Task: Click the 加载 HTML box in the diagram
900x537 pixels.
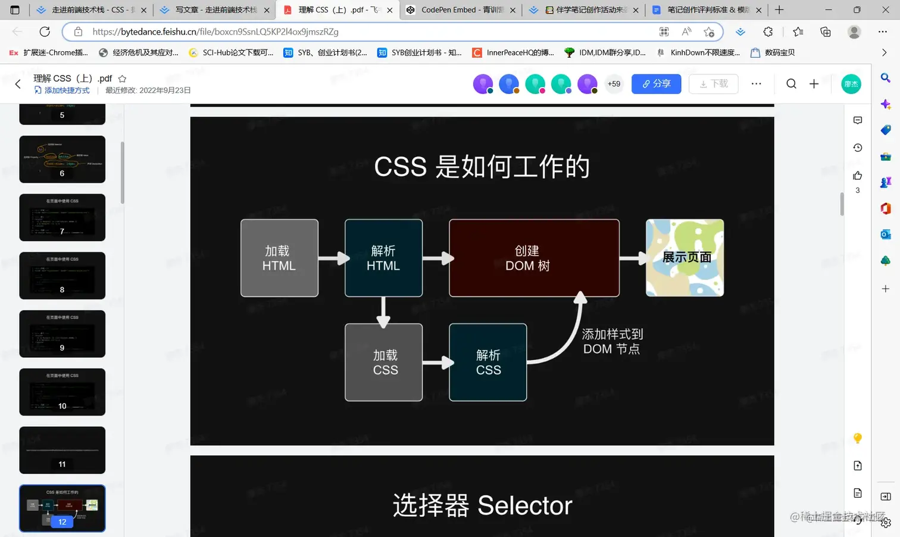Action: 279,258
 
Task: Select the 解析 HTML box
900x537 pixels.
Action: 383,258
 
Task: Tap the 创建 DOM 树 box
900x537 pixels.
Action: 534,258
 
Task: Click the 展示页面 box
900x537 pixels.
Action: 685,258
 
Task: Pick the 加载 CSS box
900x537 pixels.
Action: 383,362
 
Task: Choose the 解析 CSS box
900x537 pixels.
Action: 487,362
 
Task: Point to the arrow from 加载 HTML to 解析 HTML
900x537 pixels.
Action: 333,258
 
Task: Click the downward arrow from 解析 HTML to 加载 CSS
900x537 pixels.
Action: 383,311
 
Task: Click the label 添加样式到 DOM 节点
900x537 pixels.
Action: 612,342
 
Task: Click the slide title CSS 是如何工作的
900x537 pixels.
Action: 482,167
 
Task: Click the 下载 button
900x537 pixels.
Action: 713,84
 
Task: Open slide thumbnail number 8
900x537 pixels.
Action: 62,276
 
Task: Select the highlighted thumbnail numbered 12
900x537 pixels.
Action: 62,508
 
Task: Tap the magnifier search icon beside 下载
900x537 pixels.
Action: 791,84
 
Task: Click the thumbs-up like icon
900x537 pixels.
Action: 857,176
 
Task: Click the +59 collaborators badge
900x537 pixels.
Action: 614,84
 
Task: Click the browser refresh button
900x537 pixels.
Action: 45,32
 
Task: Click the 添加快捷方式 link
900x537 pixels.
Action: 67,90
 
